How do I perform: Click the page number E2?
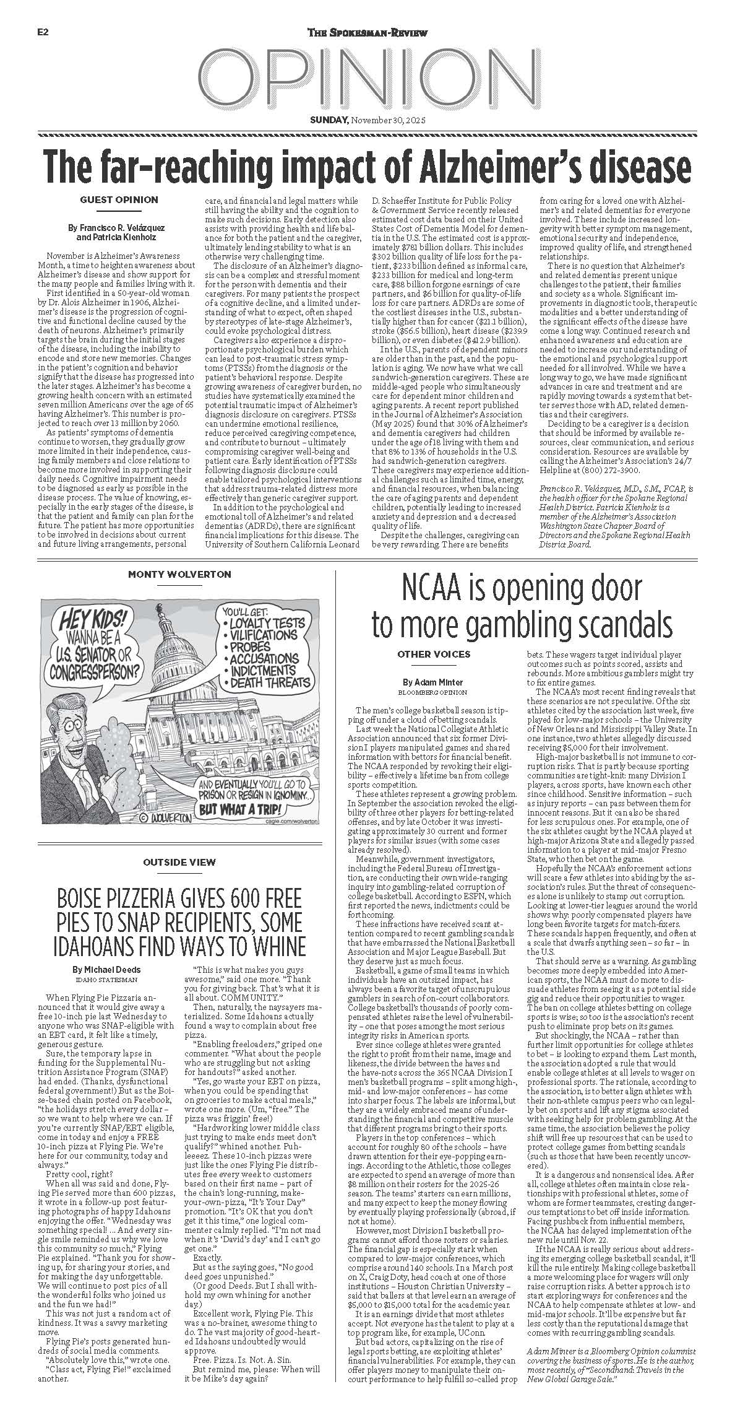tap(43, 33)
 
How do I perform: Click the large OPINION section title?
tap(367, 77)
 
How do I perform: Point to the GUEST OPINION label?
tap(119, 199)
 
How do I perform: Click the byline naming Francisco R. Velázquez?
tap(116, 228)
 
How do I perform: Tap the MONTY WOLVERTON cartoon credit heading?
tap(179, 574)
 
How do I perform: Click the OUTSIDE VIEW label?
tap(179, 861)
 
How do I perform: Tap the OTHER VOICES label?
tap(434, 654)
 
